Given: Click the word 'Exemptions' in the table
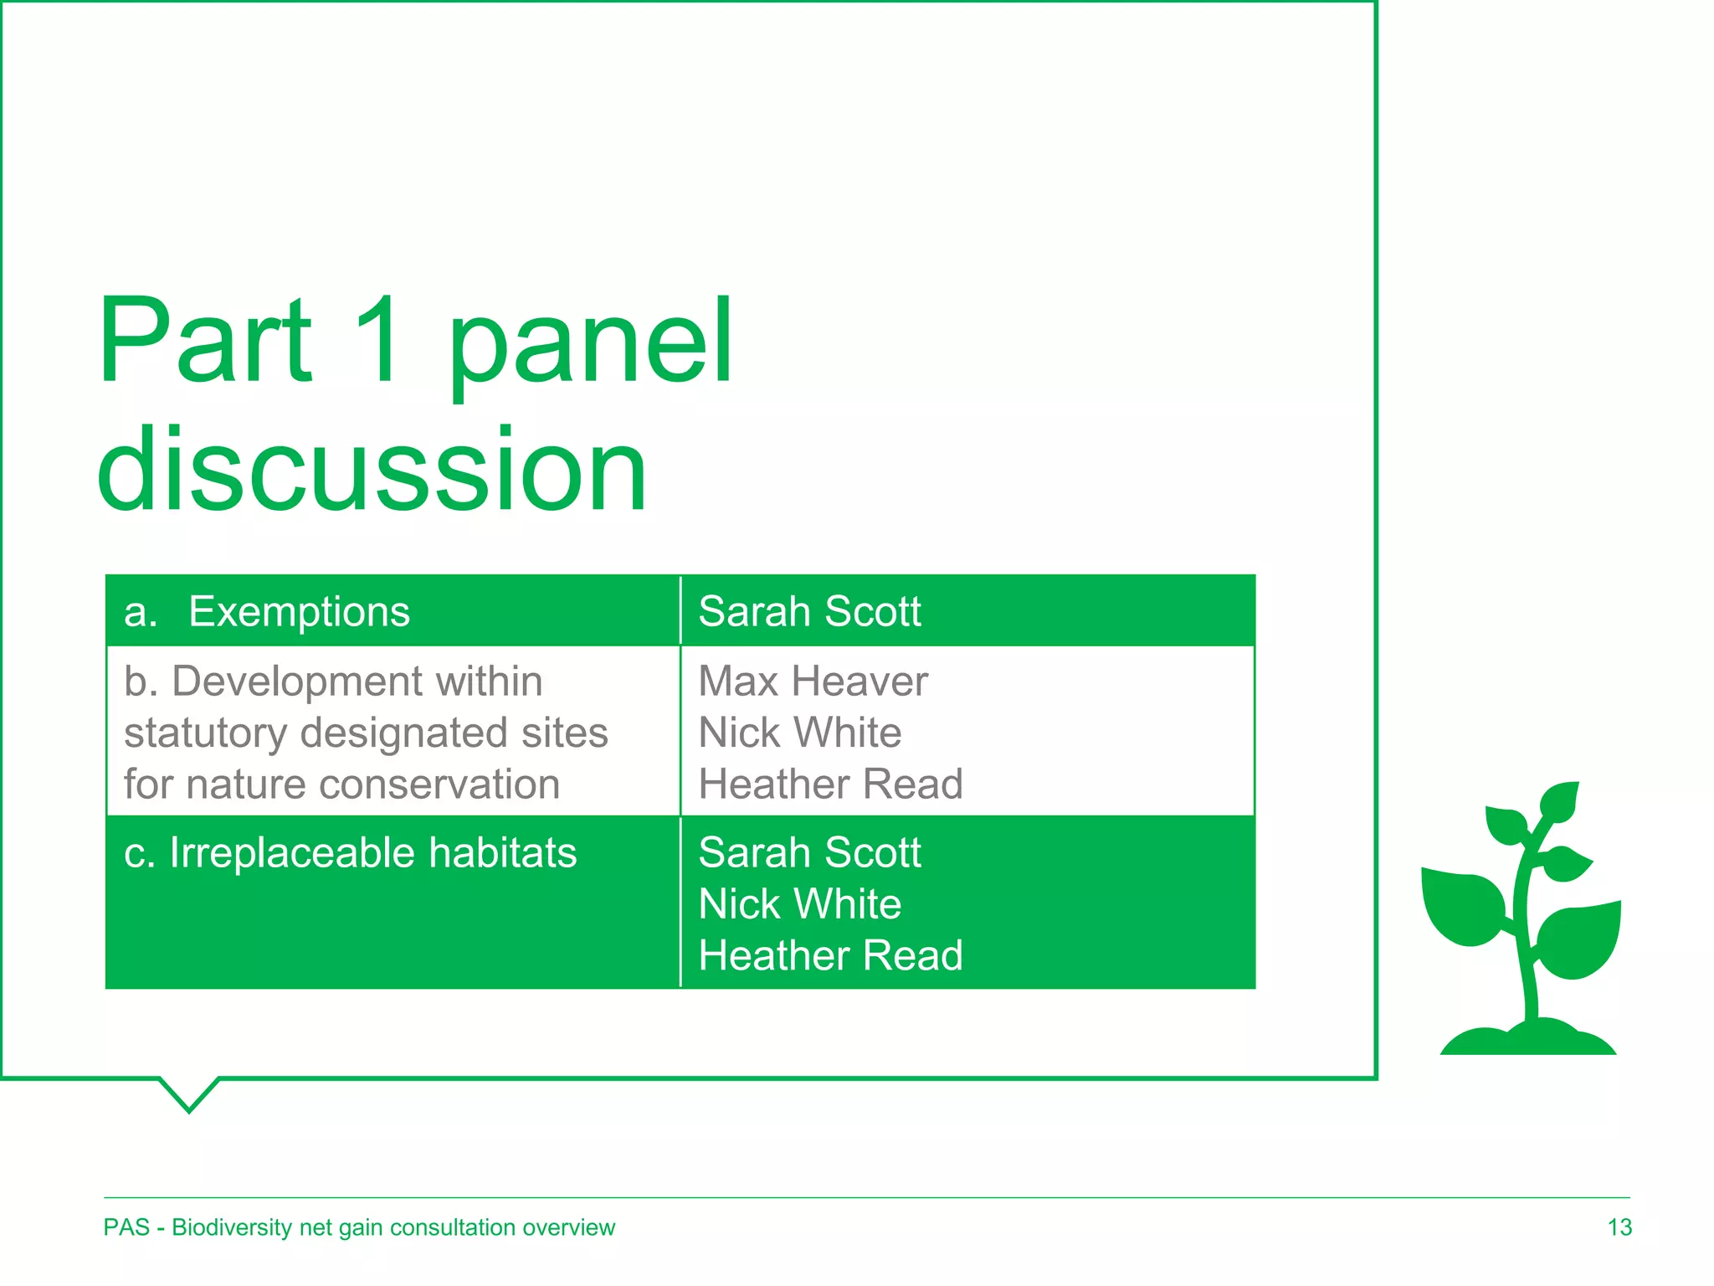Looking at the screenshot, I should coord(299,612).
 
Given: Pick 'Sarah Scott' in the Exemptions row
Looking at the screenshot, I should coord(809,612).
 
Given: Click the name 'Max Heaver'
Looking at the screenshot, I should coord(813,682).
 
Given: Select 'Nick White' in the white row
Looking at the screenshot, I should coord(799,733).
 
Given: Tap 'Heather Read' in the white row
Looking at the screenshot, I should coord(830,784).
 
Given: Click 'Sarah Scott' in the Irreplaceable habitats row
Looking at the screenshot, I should coord(809,853).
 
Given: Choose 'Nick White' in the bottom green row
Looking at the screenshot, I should coord(799,905).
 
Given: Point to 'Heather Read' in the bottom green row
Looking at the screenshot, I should coord(830,956).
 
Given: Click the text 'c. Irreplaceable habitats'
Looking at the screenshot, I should coord(350,853).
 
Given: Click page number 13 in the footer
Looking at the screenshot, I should coord(1619,1227).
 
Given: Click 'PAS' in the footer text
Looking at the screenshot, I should coord(126,1227).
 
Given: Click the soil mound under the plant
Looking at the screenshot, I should coord(1528,1039).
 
